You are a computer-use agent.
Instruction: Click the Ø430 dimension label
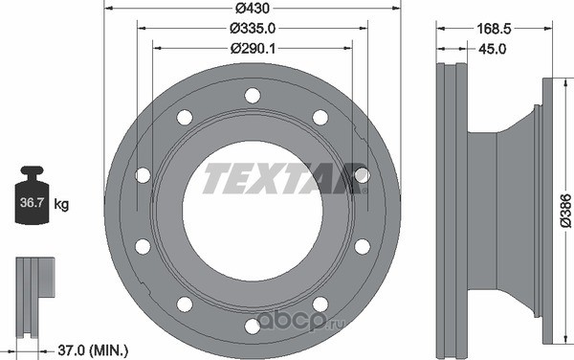[253, 8]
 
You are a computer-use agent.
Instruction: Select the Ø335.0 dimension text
[253, 28]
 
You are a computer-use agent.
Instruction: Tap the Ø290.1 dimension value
[253, 48]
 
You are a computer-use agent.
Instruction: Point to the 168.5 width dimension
[494, 29]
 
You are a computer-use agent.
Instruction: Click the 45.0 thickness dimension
[493, 49]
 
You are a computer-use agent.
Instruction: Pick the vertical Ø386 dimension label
[565, 211]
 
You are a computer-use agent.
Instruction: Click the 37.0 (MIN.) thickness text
[93, 350]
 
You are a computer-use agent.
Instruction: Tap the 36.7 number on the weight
[33, 202]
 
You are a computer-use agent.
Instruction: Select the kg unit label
[61, 204]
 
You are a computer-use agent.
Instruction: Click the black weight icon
[33, 195]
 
